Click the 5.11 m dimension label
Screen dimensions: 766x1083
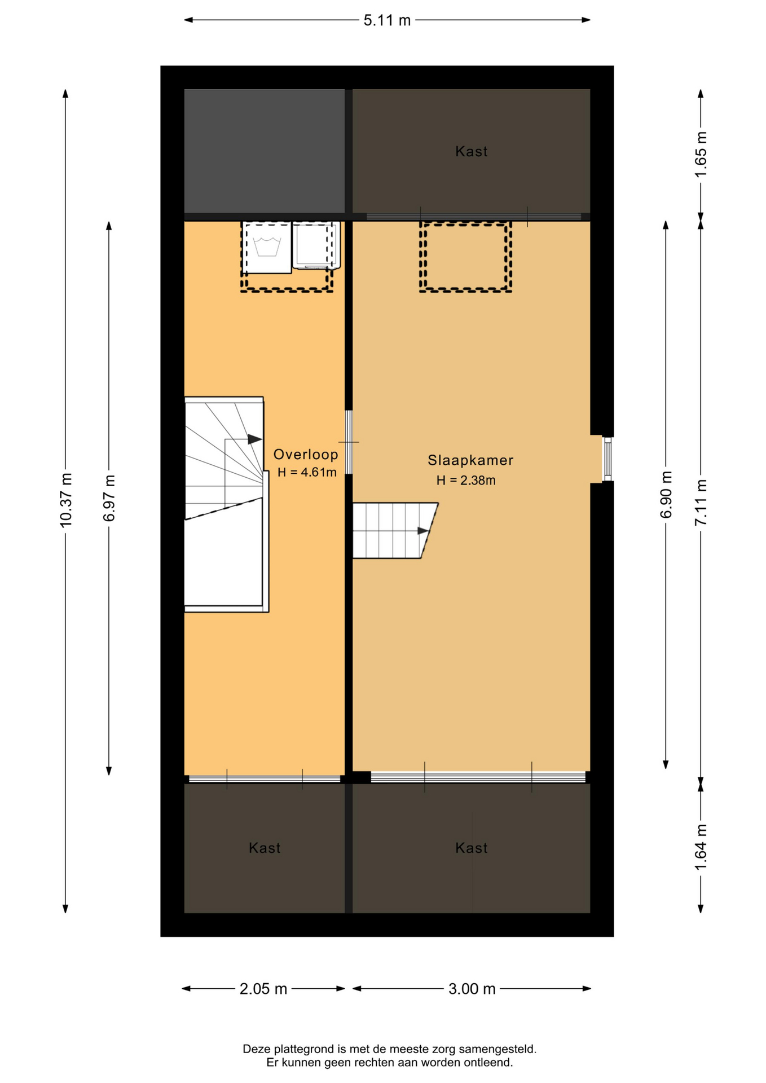click(x=387, y=20)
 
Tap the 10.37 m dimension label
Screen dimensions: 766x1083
click(x=66, y=500)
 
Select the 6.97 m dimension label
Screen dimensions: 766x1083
click(x=109, y=498)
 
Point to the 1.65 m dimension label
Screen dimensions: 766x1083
click(x=701, y=155)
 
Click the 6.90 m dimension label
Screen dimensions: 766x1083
click(x=666, y=494)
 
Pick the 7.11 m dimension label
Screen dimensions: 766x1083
click(x=701, y=502)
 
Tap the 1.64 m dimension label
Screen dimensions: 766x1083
click(x=701, y=847)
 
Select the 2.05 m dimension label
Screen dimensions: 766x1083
click(x=263, y=989)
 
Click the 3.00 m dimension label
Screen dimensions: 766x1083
click(x=472, y=989)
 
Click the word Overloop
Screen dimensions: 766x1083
click(x=306, y=454)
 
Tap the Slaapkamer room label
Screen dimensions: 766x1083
click(x=470, y=460)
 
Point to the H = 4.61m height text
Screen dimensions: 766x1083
click(x=307, y=472)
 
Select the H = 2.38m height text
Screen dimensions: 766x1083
click(x=466, y=481)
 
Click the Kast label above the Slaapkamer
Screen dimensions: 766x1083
click(x=471, y=151)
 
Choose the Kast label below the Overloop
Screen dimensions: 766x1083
click(x=265, y=848)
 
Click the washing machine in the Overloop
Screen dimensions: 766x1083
click(x=267, y=248)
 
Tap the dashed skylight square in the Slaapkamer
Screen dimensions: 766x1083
click(x=465, y=257)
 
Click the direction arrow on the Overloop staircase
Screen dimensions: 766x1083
click(x=255, y=439)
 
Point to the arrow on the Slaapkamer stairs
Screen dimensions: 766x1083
click(x=423, y=531)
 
